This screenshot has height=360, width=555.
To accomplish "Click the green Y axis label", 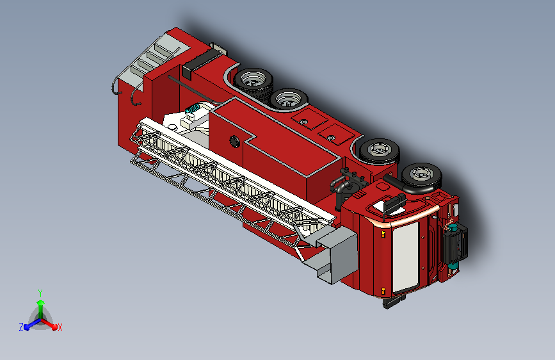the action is click(x=40, y=293).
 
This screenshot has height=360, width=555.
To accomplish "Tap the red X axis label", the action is click(x=60, y=328).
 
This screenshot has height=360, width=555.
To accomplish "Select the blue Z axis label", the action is click(x=21, y=327).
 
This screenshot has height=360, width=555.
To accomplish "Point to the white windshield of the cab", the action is click(x=406, y=256).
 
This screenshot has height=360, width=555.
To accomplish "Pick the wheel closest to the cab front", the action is click(x=421, y=176).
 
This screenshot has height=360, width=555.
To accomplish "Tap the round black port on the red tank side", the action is click(x=234, y=142).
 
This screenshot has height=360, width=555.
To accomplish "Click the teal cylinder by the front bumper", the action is click(x=453, y=245).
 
